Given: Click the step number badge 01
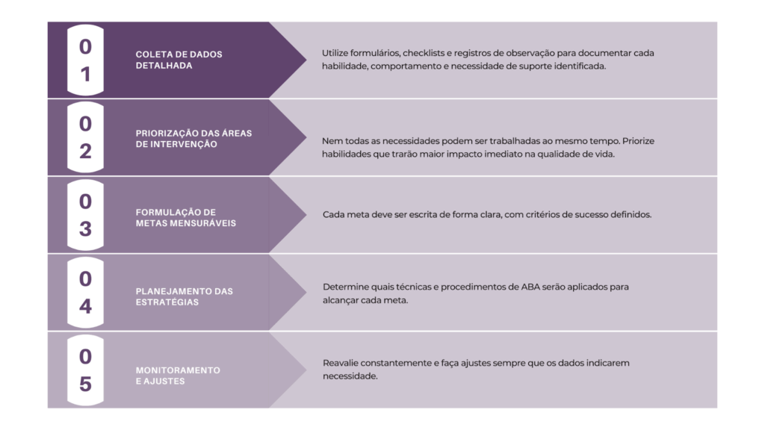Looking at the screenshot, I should (x=85, y=60).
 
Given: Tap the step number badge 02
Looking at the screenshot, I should (x=85, y=137).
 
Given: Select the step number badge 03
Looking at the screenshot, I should (x=85, y=215).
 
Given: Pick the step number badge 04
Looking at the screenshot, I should (x=85, y=293).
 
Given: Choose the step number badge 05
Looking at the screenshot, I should (x=85, y=370).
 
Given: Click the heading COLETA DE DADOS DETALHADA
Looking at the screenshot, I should (x=179, y=60).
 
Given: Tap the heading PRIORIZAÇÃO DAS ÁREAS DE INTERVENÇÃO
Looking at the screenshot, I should (x=193, y=139).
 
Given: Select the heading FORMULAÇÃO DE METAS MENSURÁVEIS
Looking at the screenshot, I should (x=185, y=217).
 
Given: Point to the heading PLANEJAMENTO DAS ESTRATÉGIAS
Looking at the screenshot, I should (x=184, y=296).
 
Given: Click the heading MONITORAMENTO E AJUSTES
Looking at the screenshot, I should (x=178, y=376).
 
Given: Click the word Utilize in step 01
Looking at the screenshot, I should (x=336, y=53).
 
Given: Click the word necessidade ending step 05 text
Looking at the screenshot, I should (x=350, y=376).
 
